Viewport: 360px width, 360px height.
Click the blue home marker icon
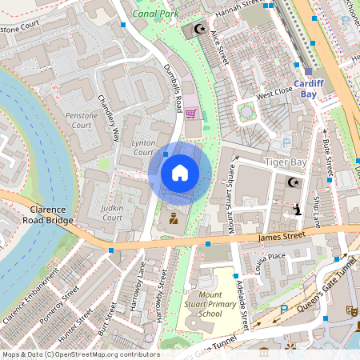(180, 172)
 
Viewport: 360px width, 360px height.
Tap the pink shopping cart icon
(190, 114)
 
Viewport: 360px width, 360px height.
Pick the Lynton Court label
(142, 147)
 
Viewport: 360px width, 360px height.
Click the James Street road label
(282, 236)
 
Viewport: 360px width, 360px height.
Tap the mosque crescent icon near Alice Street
(199, 30)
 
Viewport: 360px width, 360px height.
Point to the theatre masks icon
(349, 310)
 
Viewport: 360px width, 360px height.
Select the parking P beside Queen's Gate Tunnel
(283, 310)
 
